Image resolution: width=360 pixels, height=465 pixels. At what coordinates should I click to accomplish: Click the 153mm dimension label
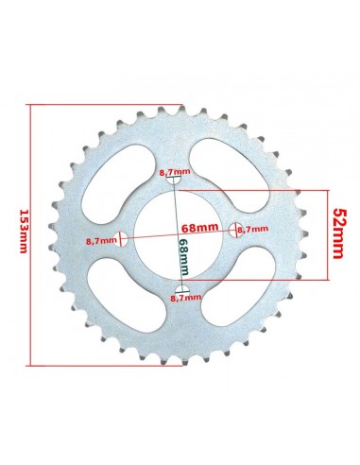tap(23, 232)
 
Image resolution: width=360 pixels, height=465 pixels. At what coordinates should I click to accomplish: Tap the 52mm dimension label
tap(337, 233)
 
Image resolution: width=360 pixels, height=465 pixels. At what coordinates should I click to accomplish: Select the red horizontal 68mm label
tap(199, 228)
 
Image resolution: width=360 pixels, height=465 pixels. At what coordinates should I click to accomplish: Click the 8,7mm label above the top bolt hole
tap(175, 172)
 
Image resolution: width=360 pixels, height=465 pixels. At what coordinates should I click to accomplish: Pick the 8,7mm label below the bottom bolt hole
tap(186, 297)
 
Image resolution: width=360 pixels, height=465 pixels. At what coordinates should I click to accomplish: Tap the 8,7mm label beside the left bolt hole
tap(101, 241)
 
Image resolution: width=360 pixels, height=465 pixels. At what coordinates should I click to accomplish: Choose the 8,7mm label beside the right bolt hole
tap(252, 229)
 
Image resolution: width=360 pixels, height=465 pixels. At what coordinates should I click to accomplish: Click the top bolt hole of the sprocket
tap(174, 181)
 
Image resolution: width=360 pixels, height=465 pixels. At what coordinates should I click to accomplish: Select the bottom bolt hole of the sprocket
tap(182, 290)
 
